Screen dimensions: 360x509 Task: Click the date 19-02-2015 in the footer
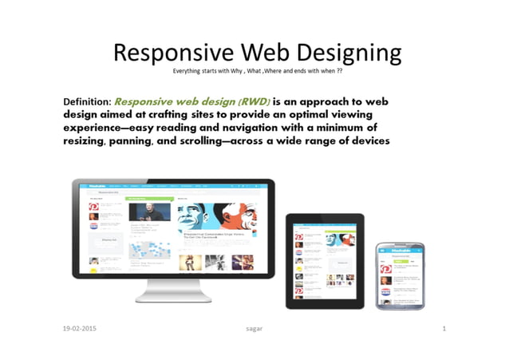tap(84, 329)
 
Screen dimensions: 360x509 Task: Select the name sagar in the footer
tap(255, 329)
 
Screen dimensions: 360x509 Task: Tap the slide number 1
tap(444, 329)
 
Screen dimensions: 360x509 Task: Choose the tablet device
tap(325, 259)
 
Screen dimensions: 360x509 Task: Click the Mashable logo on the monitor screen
tap(98, 184)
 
